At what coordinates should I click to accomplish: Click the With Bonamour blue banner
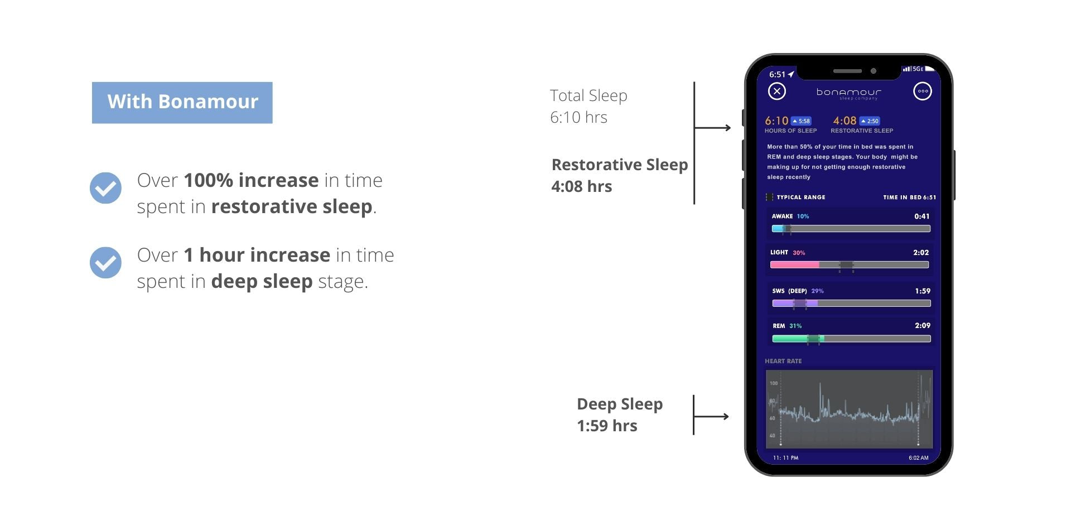[182, 103]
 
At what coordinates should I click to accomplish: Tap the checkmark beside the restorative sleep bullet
[105, 188]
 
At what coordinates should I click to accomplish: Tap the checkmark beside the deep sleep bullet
[105, 263]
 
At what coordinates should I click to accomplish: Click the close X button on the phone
[776, 91]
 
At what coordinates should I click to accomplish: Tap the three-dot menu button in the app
[922, 91]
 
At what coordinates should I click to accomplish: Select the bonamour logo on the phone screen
[849, 93]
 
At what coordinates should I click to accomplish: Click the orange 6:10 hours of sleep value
[776, 121]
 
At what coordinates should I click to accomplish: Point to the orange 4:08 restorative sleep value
[845, 121]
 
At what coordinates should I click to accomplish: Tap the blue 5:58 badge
[801, 121]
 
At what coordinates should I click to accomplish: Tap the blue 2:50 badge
[870, 121]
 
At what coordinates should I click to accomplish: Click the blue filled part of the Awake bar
[778, 229]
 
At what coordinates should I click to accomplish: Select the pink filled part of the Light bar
[795, 265]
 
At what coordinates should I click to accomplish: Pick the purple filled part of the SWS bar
[795, 303]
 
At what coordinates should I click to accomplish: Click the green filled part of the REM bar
[798, 339]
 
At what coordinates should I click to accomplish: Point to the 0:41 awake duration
[922, 216]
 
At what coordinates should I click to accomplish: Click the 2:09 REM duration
[923, 325]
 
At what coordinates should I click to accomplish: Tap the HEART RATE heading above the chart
[783, 361]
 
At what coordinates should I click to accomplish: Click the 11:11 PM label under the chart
[785, 458]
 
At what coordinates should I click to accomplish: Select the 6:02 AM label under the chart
[919, 458]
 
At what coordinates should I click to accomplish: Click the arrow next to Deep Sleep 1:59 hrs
[711, 416]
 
